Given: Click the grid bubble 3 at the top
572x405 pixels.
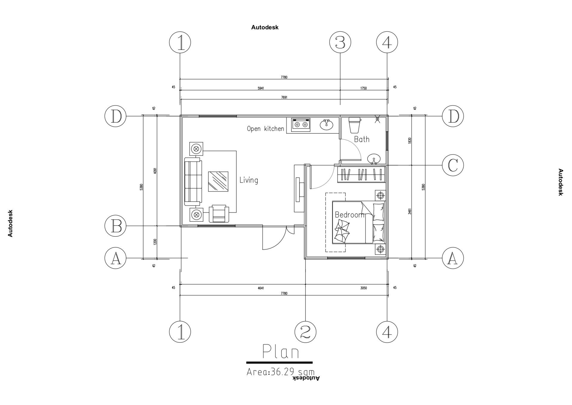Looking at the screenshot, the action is pyautogui.click(x=340, y=43).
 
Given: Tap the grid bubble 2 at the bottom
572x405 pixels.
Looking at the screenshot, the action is pyautogui.click(x=305, y=331).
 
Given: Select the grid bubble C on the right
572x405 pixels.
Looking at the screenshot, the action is pyautogui.click(x=453, y=165).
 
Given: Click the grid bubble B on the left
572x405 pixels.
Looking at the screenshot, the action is pyautogui.click(x=116, y=226).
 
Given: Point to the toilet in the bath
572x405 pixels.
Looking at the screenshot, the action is pyautogui.click(x=355, y=125).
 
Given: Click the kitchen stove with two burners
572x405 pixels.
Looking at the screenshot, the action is pyautogui.click(x=301, y=124).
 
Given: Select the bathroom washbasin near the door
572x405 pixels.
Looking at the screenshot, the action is pyautogui.click(x=374, y=159).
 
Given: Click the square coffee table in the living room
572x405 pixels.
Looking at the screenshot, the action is pyautogui.click(x=218, y=181).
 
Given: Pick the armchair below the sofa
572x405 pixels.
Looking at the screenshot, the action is pyautogui.click(x=219, y=214).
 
